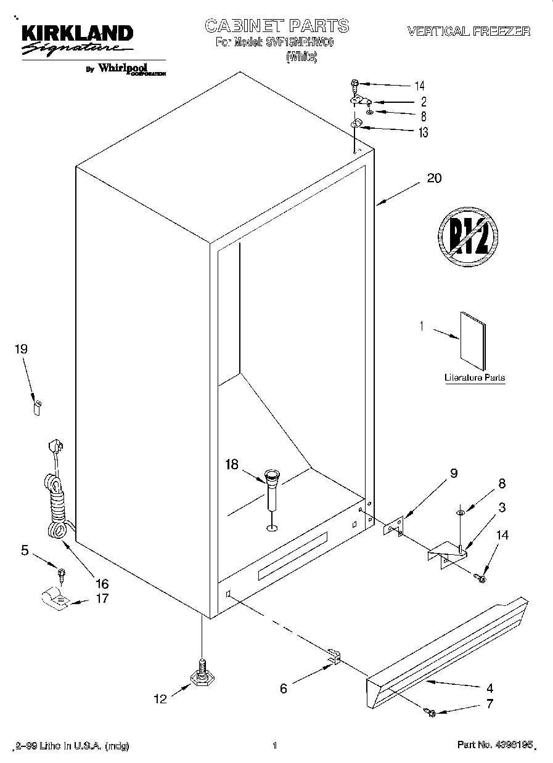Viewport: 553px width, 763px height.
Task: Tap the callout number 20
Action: click(434, 179)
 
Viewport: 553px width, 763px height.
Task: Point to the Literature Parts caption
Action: click(475, 377)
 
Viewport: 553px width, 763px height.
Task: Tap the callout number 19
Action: click(21, 349)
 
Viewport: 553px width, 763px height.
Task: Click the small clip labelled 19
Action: click(37, 407)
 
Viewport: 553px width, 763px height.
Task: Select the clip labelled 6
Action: click(333, 656)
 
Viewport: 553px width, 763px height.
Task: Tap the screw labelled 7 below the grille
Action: click(430, 713)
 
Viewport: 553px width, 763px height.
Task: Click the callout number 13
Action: click(422, 132)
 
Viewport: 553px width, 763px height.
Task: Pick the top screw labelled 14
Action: click(355, 83)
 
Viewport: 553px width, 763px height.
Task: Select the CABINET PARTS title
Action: click(276, 26)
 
